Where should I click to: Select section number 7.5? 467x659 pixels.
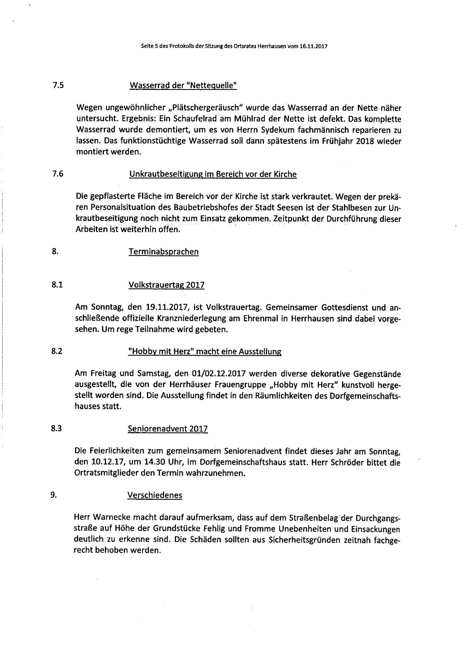tap(58, 85)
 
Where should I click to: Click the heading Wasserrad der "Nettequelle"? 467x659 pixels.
tap(183, 86)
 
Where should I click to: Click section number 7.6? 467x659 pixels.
tap(58, 174)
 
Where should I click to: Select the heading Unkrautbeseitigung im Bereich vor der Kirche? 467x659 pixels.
tap(213, 174)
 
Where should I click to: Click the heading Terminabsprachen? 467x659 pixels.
tap(164, 252)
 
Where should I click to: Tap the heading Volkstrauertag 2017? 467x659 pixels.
tap(167, 285)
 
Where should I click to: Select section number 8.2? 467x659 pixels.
tap(57, 351)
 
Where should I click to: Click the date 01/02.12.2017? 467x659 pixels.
tap(218, 374)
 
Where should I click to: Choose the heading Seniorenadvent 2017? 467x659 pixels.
tap(168, 429)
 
